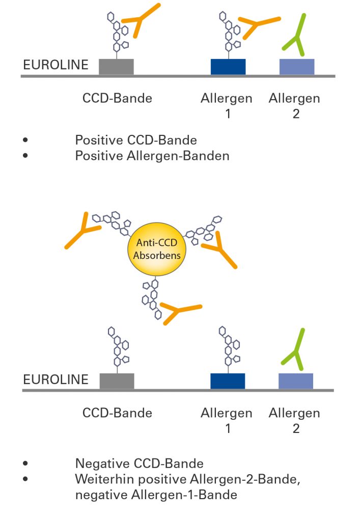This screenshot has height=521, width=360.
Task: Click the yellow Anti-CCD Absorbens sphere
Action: coord(156,249)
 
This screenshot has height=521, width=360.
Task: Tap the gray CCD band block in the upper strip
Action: coord(116,67)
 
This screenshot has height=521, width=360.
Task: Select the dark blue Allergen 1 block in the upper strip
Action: coord(228,67)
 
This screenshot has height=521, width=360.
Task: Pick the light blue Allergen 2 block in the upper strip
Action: coord(297,67)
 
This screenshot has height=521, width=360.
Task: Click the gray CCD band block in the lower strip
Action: coord(117,381)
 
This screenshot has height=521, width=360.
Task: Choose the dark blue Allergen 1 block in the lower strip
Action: coord(228,381)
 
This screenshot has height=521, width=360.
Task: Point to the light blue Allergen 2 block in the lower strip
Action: coord(296,381)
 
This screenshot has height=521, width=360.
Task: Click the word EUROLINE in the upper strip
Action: coord(56,65)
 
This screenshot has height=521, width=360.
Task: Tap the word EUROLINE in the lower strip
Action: coord(56,380)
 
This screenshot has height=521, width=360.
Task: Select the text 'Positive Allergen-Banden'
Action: coord(152,156)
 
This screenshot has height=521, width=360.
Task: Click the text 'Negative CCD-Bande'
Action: coord(140,463)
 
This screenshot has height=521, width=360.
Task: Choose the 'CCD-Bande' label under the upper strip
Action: coord(117,98)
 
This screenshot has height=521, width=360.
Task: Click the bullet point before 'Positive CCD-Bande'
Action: coord(25,140)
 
